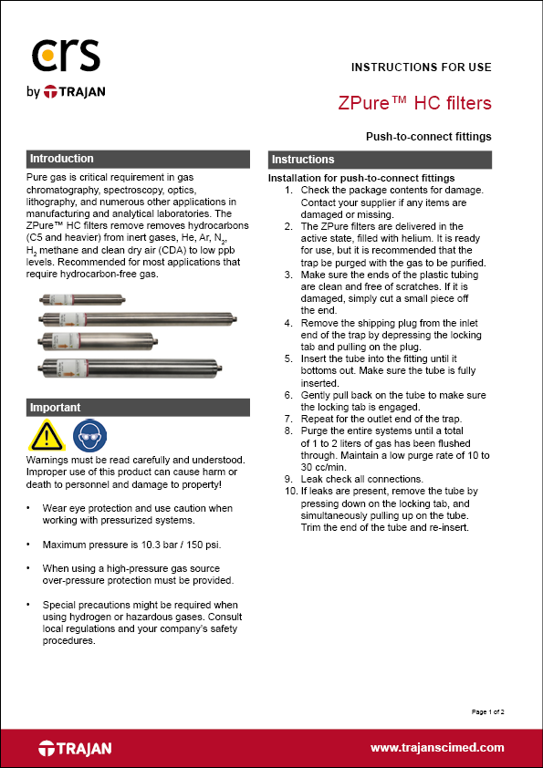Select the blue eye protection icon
[x=87, y=437]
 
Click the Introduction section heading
[x=61, y=159]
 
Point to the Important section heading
[x=56, y=408]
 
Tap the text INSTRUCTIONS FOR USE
[x=422, y=67]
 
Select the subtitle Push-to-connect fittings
[x=428, y=137]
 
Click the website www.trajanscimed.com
[x=436, y=748]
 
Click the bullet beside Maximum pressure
[x=31, y=545]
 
